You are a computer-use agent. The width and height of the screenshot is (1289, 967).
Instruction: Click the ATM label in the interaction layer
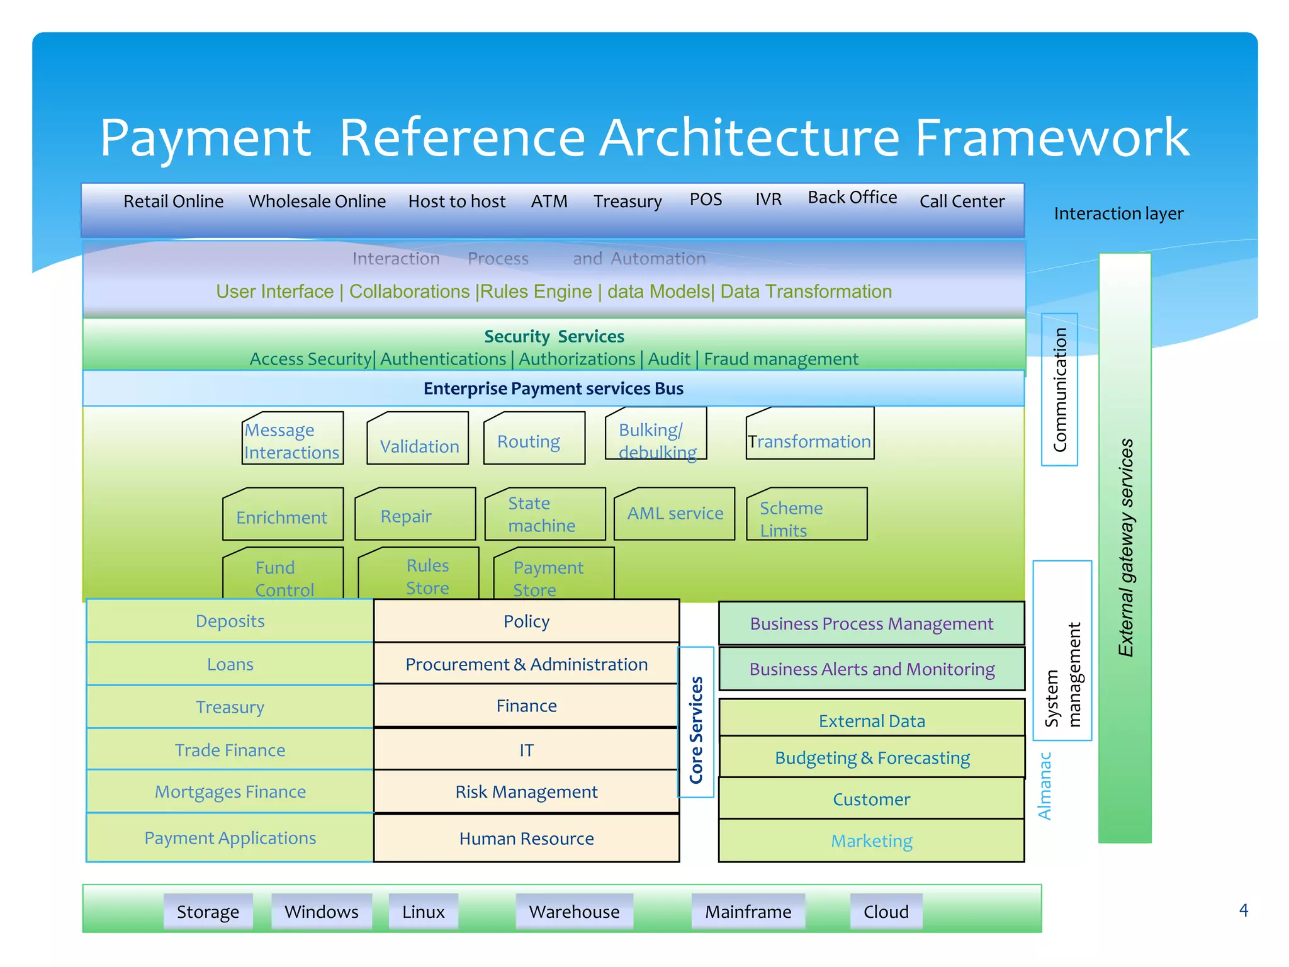pyautogui.click(x=549, y=201)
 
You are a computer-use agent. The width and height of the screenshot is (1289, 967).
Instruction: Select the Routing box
pyautogui.click(x=534, y=439)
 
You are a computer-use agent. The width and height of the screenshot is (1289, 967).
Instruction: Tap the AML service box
pyautogui.click(x=674, y=514)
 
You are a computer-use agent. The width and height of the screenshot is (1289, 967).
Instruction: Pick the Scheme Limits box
pyautogui.click(x=806, y=515)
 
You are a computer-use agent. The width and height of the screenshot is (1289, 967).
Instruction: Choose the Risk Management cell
pyautogui.click(x=526, y=792)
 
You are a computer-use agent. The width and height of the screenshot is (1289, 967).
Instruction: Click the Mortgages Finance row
pyautogui.click(x=230, y=792)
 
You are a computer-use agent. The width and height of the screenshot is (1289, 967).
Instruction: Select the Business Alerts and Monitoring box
pyautogui.click(x=872, y=669)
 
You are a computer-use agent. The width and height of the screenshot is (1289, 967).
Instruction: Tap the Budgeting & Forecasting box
pyautogui.click(x=872, y=758)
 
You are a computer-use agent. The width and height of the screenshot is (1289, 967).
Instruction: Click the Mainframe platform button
pyautogui.click(x=748, y=912)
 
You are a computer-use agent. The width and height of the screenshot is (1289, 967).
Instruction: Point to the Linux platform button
pyautogui.click(x=423, y=912)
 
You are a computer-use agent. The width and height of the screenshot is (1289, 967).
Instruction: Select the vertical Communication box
pyautogui.click(x=1060, y=390)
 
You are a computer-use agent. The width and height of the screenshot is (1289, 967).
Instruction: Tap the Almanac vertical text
pyautogui.click(x=1045, y=786)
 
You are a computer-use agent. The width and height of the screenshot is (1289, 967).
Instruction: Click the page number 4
pyautogui.click(x=1243, y=910)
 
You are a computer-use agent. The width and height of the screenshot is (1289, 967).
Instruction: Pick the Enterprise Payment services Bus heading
pyautogui.click(x=553, y=388)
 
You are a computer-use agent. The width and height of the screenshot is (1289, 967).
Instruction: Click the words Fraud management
pyautogui.click(x=780, y=359)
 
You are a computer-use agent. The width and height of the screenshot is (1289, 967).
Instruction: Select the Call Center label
pyautogui.click(x=962, y=201)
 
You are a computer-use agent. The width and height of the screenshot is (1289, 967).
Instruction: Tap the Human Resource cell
pyautogui.click(x=526, y=839)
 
